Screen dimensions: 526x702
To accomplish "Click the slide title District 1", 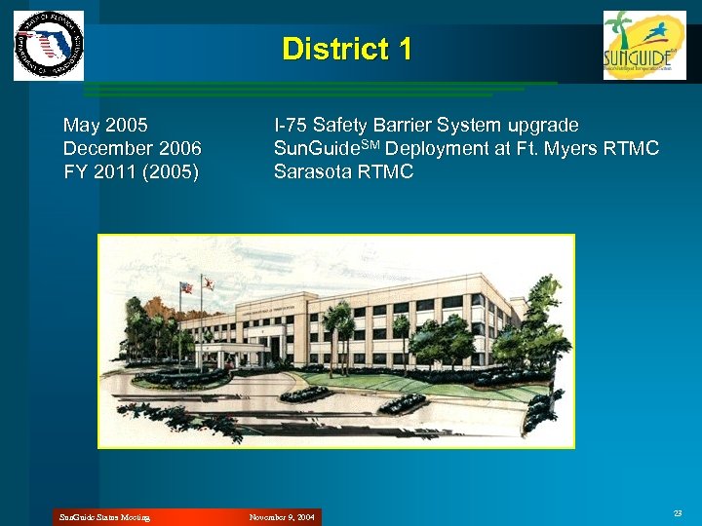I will pos(346,50).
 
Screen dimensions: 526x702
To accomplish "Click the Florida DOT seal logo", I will pos(49,46).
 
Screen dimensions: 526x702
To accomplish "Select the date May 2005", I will pos(105,126).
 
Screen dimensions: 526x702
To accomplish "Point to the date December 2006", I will pos(132,149).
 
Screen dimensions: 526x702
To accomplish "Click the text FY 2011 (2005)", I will pos(131,172).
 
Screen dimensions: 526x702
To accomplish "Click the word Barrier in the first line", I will pos(409,126).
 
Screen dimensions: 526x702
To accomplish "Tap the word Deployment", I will pos(437,149).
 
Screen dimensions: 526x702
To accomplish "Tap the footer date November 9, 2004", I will pos(282,517).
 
